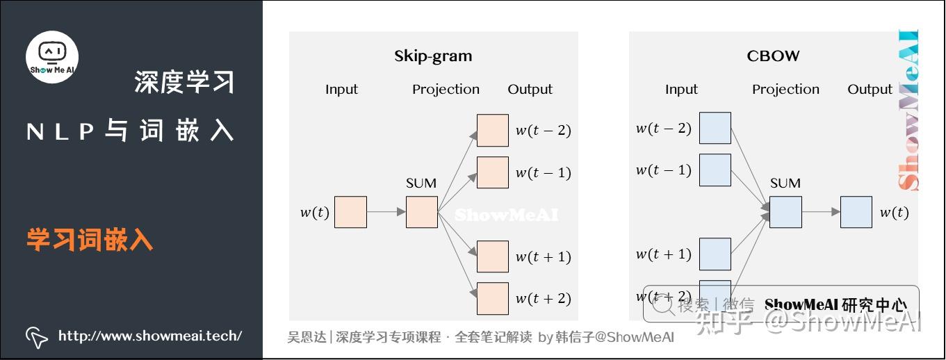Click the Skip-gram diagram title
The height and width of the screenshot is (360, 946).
[x=433, y=56]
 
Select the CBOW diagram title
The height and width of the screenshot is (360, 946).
[x=773, y=56]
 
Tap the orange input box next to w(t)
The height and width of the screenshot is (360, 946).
[x=350, y=212]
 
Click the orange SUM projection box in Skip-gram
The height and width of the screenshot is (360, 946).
[x=422, y=212]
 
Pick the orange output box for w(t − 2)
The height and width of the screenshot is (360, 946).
[x=493, y=130]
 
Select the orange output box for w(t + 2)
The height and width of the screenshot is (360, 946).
[x=493, y=298]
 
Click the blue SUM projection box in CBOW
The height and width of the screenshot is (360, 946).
[x=785, y=212]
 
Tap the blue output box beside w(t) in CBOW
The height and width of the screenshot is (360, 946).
[x=856, y=212]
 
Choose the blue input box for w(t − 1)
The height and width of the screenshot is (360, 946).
[x=715, y=170]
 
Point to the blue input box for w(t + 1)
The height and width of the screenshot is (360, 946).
[x=715, y=254]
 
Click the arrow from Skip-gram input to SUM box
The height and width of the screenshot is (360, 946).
[x=386, y=212]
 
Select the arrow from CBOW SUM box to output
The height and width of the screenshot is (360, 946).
[x=821, y=212]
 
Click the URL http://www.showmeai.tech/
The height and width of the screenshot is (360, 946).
[x=150, y=336]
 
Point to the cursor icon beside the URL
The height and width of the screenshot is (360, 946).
[x=36, y=337]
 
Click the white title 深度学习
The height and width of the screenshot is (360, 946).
[x=184, y=82]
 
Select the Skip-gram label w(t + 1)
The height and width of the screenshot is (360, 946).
[x=543, y=257]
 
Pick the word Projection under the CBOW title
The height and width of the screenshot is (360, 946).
[x=785, y=90]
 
